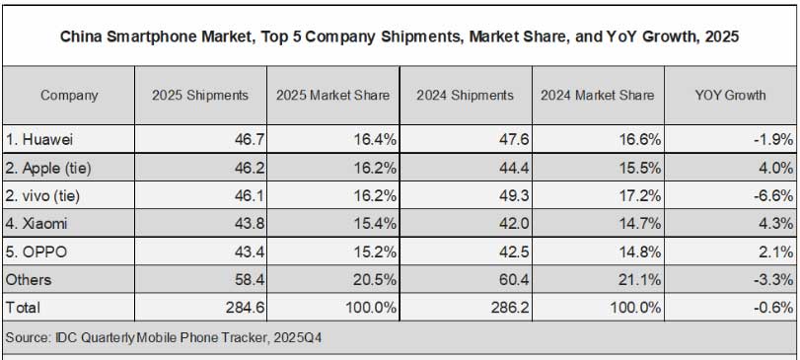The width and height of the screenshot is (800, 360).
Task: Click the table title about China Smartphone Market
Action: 400,37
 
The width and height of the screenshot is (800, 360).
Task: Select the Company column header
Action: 69,96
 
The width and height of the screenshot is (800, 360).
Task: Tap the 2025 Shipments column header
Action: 200,96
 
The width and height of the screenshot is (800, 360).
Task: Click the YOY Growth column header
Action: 730,96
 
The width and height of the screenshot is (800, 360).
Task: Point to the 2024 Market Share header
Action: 598,96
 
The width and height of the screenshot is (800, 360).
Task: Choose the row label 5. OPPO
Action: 36,252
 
